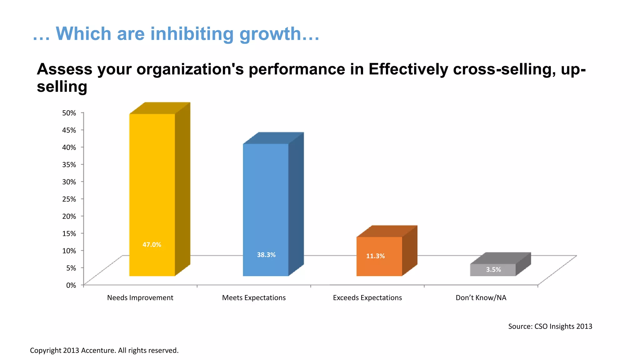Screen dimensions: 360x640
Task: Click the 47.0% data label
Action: pyautogui.click(x=152, y=245)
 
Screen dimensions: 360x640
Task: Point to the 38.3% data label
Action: pyautogui.click(x=266, y=255)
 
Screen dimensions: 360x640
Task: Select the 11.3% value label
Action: pyautogui.click(x=375, y=256)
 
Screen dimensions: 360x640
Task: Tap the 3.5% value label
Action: pyautogui.click(x=493, y=269)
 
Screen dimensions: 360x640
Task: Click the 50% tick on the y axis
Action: pyautogui.click(x=69, y=113)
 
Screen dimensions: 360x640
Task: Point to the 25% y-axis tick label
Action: pyautogui.click(x=69, y=199)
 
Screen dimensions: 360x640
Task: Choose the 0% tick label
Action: pyautogui.click(x=71, y=285)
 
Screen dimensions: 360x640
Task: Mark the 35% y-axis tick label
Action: pyautogui.click(x=69, y=164)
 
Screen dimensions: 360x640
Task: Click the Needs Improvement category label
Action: pyautogui.click(x=140, y=297)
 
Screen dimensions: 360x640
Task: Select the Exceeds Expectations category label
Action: pyautogui.click(x=367, y=297)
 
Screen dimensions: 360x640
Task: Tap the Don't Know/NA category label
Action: pyautogui.click(x=481, y=297)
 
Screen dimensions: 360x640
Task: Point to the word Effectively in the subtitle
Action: pyautogui.click(x=408, y=69)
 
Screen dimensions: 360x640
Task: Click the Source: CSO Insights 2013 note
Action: pyautogui.click(x=550, y=326)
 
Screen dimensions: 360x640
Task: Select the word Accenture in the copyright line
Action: pyautogui.click(x=98, y=350)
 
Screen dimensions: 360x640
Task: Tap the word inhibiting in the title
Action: pyautogui.click(x=192, y=34)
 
